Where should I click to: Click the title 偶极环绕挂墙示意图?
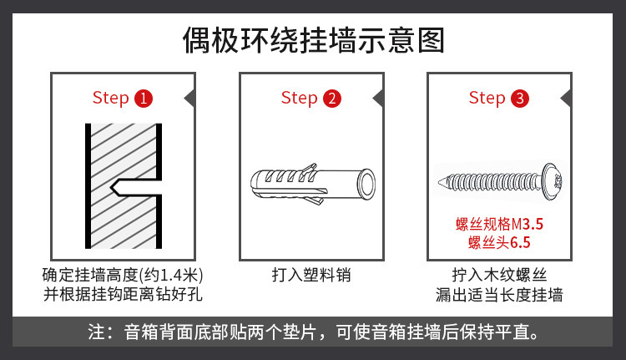coord(312,38)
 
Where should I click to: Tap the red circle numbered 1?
coord(144,99)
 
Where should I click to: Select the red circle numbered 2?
coord(332,99)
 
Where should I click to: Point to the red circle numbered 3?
coord(520,99)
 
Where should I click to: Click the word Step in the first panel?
coord(110,98)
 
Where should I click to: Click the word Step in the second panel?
coord(299,98)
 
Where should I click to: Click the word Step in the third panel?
coord(487,98)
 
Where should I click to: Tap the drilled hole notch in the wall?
coord(125,187)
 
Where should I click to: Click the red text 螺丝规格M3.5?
coord(500,224)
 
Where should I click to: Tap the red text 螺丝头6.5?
coord(500,243)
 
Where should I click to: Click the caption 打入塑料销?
coord(310,275)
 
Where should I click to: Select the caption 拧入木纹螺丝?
coord(499,275)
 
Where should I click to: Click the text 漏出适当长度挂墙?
coord(499,295)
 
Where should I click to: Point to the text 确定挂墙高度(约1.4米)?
coord(124,275)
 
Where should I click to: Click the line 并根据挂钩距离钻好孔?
coord(124,295)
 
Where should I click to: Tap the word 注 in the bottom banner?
coord(97,332)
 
